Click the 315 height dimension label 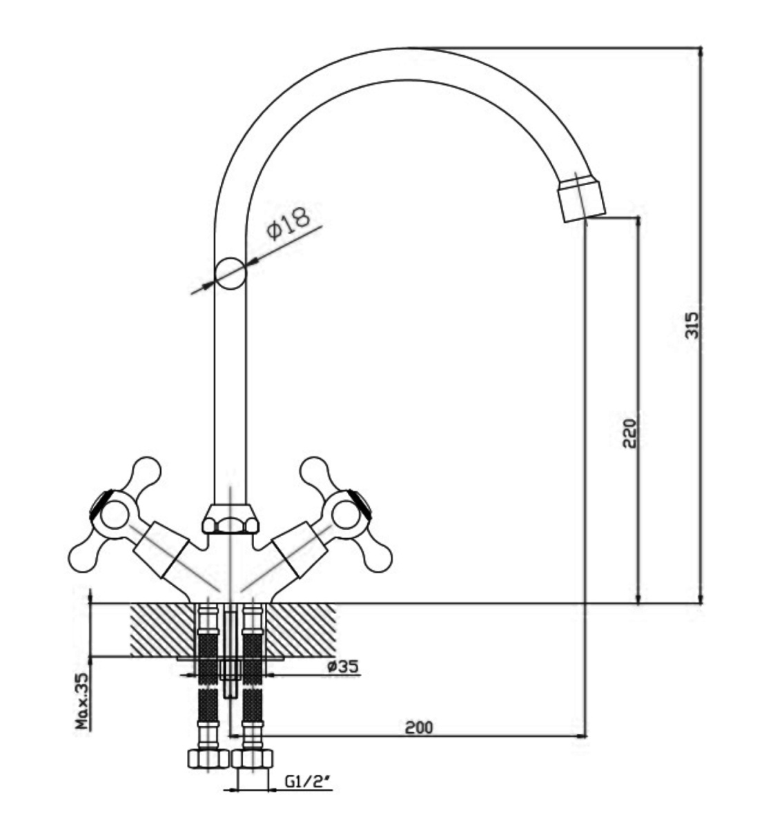[x=693, y=324]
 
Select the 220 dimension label [x=629, y=433]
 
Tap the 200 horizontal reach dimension [x=419, y=727]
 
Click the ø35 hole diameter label [x=343, y=667]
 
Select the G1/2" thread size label [x=309, y=782]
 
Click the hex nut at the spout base [x=230, y=520]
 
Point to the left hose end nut [x=208, y=758]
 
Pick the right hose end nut [x=252, y=758]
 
